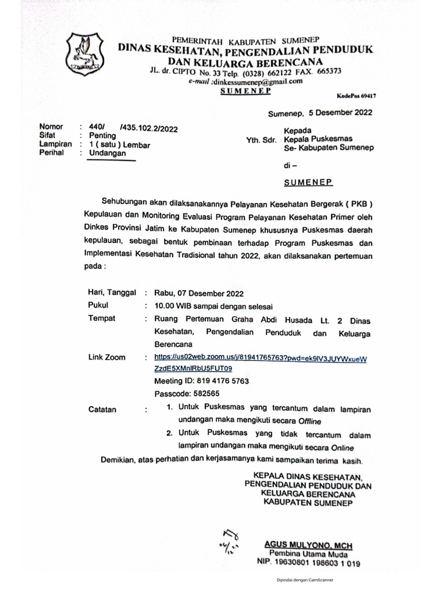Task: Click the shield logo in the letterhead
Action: pos(86,56)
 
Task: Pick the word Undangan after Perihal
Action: pos(108,154)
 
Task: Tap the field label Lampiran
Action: pos(55,145)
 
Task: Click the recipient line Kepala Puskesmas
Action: pos(318,139)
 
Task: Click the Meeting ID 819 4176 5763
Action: pos(201,381)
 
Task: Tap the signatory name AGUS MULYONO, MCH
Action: pos(308,545)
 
